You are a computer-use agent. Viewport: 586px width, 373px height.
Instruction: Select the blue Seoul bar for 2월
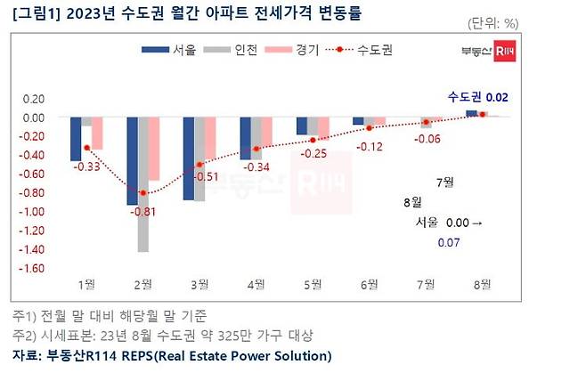pos(132,161)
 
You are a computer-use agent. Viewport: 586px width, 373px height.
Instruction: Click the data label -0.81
pos(142,211)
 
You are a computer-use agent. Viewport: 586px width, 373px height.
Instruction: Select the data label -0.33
pos(86,166)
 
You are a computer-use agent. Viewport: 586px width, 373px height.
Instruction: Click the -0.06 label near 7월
pos(428,139)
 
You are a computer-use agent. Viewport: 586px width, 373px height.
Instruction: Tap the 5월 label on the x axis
pos(313,284)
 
